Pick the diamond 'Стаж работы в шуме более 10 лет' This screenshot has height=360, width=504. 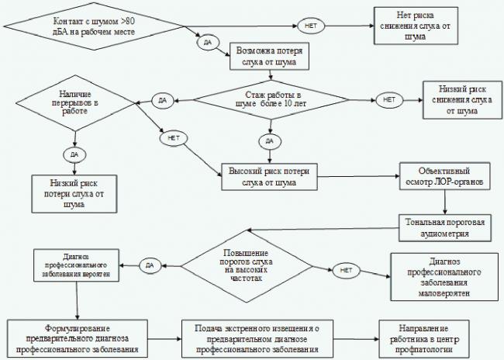click(x=271, y=99)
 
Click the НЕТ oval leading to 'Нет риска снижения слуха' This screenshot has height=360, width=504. click(x=309, y=26)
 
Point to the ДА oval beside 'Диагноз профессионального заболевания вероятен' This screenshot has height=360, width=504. click(x=150, y=266)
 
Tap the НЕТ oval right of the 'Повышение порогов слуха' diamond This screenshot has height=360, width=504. click(x=346, y=271)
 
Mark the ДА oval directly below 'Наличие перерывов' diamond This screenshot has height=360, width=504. click(x=74, y=154)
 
